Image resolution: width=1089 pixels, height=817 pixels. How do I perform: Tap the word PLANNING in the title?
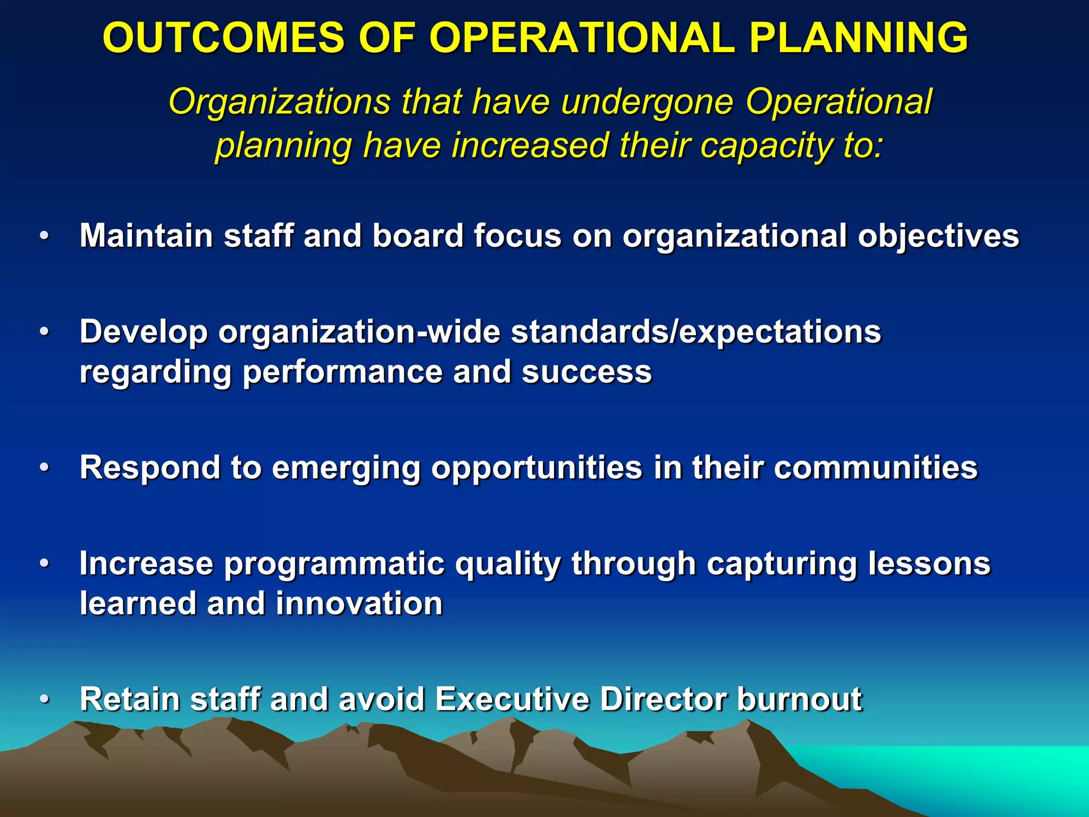click(x=858, y=38)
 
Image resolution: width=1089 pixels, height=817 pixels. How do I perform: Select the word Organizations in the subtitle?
click(x=280, y=102)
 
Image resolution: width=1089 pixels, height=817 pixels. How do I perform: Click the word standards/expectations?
click(x=696, y=332)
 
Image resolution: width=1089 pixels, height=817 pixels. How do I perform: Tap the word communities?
click(x=875, y=468)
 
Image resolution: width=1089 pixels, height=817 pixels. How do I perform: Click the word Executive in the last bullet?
click(x=512, y=699)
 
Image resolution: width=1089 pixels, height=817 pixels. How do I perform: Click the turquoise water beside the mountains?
click(x=984, y=771)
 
